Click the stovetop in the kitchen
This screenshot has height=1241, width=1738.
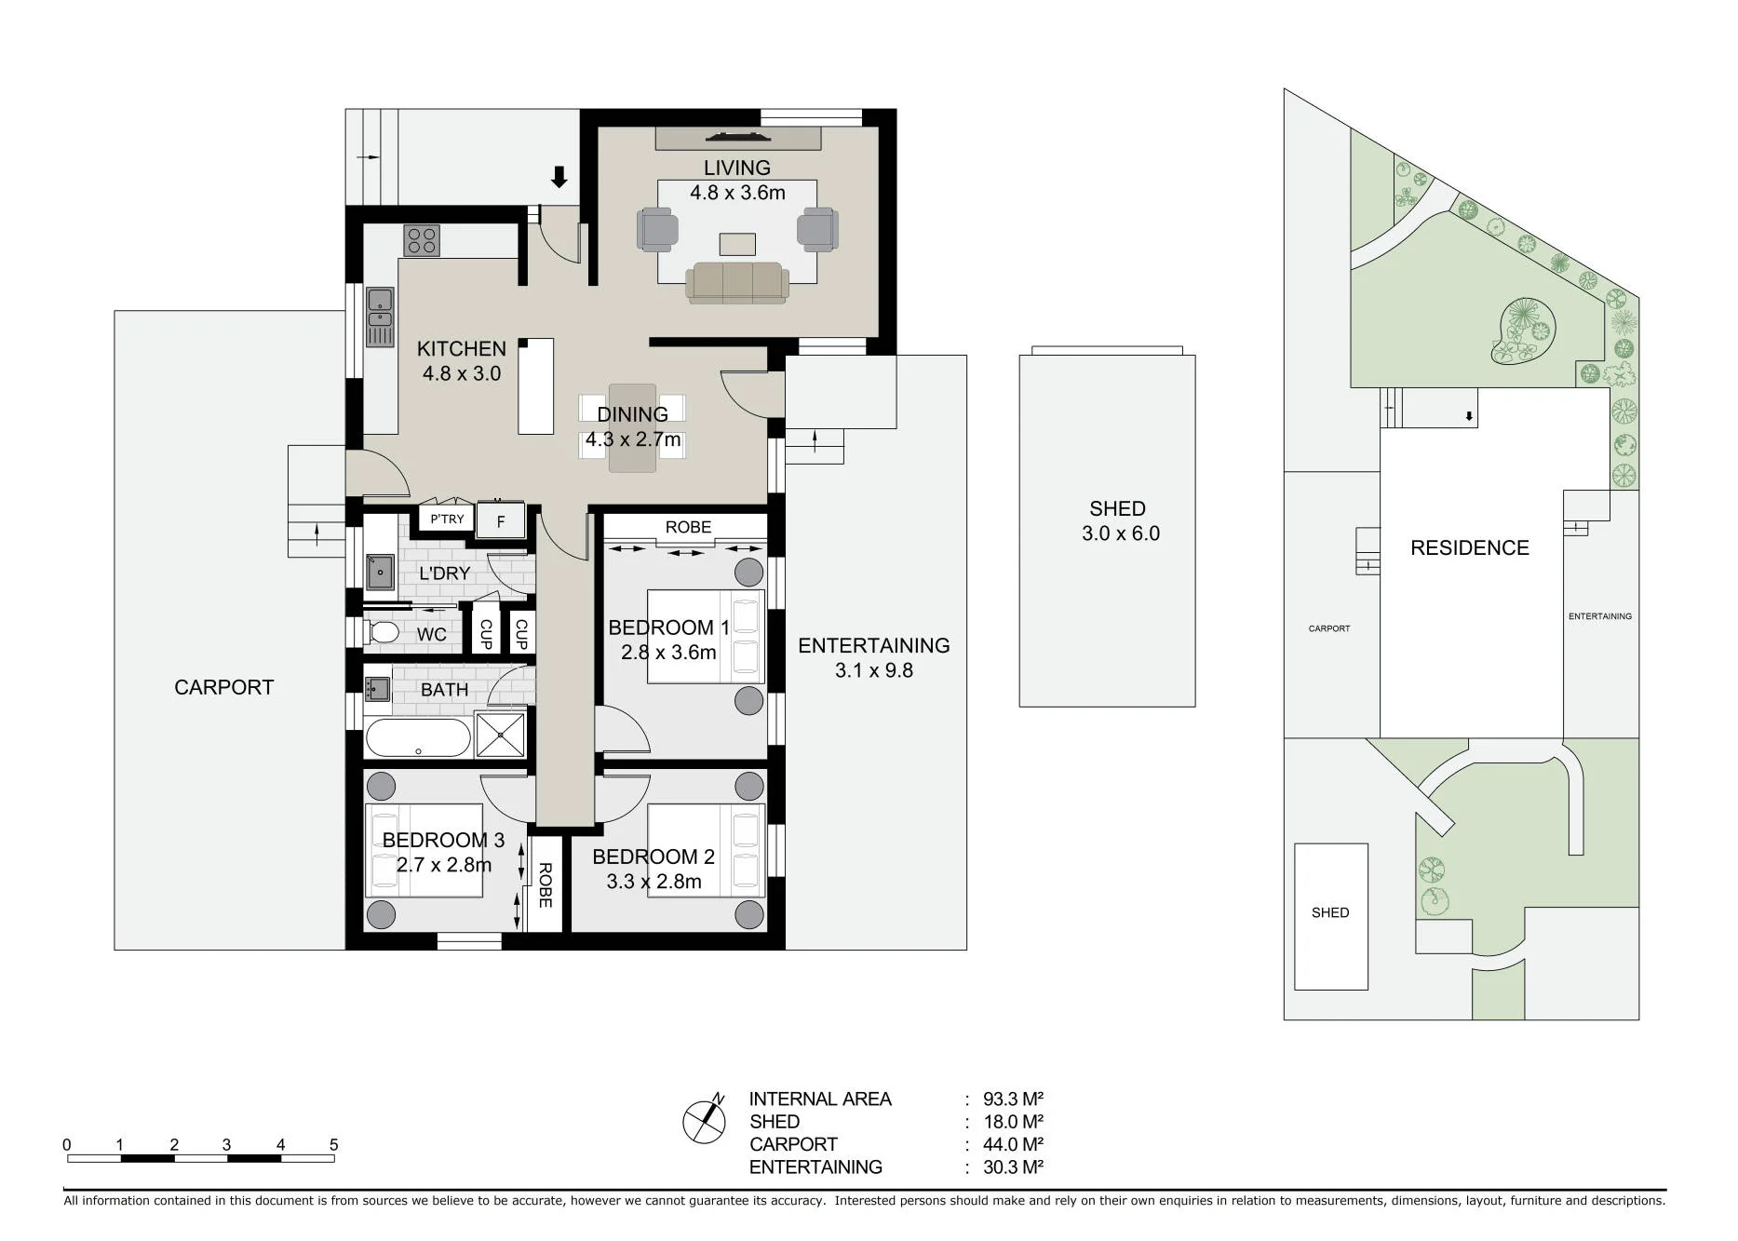click(x=422, y=240)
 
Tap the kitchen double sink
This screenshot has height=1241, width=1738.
click(x=380, y=317)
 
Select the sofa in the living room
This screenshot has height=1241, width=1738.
click(x=737, y=283)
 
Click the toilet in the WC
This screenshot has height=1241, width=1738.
click(x=382, y=633)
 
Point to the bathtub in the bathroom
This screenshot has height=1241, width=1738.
click(x=418, y=737)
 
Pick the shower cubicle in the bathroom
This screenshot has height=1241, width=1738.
click(x=501, y=735)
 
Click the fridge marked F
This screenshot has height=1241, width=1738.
click(x=500, y=520)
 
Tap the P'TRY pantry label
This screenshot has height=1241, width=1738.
click(x=447, y=519)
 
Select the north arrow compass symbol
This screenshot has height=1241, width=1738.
click(x=705, y=1119)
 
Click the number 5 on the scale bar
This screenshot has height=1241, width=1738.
click(x=333, y=1144)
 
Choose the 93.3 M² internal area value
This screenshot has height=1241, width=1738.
click(x=1013, y=1099)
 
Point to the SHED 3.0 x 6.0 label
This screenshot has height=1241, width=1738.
click(x=1119, y=520)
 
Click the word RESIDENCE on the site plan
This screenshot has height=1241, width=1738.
click(x=1470, y=547)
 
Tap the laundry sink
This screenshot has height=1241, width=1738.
click(x=380, y=572)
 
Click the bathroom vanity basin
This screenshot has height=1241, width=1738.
click(x=377, y=689)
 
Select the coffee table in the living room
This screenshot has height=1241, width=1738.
click(x=737, y=244)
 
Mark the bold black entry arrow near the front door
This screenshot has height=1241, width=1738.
click(x=559, y=177)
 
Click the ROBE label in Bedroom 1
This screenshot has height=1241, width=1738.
click(x=688, y=527)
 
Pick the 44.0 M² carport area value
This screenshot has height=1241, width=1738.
click(x=1013, y=1144)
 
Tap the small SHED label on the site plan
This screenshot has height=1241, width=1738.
click(x=1330, y=912)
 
